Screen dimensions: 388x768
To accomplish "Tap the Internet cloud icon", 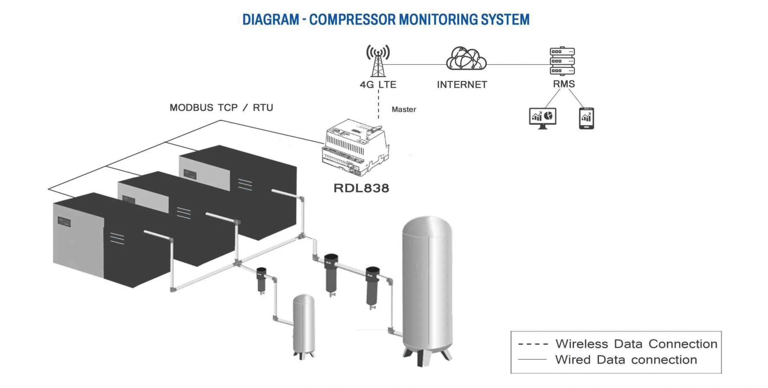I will [466, 59].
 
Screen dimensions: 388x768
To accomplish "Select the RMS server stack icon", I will [562, 61].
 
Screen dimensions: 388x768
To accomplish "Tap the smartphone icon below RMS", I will [586, 118].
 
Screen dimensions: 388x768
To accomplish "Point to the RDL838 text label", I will [361, 188].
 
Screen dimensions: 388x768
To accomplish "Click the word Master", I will [403, 110].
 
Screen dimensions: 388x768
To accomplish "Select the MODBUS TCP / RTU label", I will [221, 107].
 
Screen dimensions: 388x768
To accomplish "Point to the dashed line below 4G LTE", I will [379, 104].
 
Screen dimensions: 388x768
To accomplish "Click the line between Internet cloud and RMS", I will [518, 65].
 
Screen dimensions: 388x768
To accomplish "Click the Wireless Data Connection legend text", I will [636, 344].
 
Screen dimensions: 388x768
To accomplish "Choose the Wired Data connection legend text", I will [626, 359].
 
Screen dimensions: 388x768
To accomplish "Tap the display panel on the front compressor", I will [64, 222].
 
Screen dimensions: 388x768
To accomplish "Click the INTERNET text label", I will [462, 85].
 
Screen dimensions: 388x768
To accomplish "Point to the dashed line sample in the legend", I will [533, 344].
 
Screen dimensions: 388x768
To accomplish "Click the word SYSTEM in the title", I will [505, 20].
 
